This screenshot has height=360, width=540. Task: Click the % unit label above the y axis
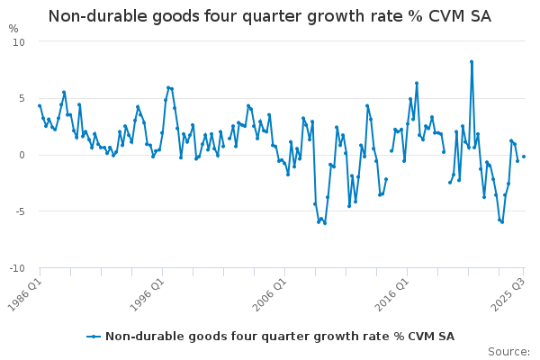point(13,28)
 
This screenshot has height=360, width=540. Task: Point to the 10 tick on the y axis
point(19,42)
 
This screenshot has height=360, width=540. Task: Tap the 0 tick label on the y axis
point(22,155)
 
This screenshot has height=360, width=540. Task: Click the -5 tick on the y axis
point(19,211)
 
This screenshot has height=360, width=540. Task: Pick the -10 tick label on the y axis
point(17,268)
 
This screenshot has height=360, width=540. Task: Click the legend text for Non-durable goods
point(280,337)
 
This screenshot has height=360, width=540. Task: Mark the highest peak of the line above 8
point(472,62)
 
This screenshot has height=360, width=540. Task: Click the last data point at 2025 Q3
point(524,157)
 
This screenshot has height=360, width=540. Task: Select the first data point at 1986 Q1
point(40,105)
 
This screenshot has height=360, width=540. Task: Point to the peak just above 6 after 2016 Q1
point(417,83)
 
